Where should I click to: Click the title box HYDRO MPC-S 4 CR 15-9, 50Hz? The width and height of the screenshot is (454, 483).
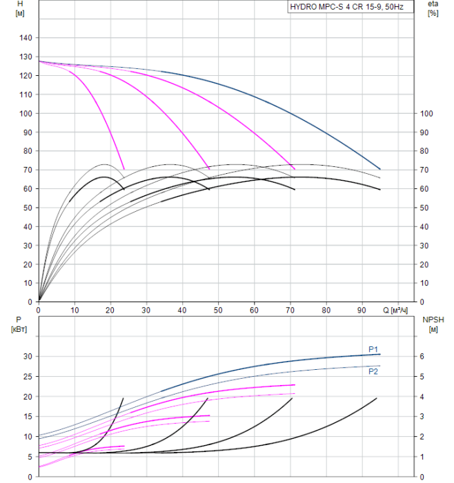tap(350, 7)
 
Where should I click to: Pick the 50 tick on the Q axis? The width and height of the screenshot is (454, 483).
tap(219, 310)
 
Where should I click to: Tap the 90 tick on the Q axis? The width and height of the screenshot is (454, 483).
tap(362, 310)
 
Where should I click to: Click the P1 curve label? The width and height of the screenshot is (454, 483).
tap(373, 349)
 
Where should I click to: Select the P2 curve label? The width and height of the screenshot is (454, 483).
tap(373, 371)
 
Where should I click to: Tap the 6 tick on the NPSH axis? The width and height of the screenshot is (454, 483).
tap(423, 357)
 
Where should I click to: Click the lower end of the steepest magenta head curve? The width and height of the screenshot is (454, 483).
tap(124, 169)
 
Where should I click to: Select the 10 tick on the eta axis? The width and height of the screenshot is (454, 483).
tap(424, 283)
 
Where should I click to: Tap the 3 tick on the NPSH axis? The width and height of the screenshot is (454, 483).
tap(423, 417)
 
